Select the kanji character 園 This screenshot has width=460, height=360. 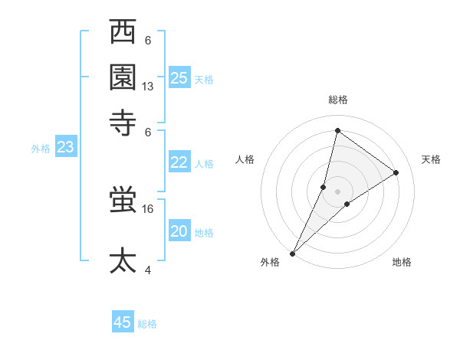click(x=123, y=77)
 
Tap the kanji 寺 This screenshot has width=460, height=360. click(x=123, y=121)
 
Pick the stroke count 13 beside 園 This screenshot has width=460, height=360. click(x=148, y=87)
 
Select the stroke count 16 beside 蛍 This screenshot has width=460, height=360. click(x=148, y=208)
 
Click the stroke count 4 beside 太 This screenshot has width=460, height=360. click(x=148, y=269)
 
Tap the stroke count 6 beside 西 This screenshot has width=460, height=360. click(x=148, y=41)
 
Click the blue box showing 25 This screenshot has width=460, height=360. click(x=179, y=77)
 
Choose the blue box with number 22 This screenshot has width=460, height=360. click(x=179, y=162)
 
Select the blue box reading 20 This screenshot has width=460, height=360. click(x=179, y=231)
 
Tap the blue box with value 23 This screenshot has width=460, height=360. click(x=65, y=147)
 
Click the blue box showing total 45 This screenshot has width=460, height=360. click(x=123, y=322)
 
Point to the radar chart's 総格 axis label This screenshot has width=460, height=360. click(x=337, y=100)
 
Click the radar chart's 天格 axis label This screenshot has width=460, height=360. click(x=431, y=159)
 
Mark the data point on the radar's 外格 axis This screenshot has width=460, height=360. click(x=292, y=253)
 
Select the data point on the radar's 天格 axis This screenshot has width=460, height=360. click(x=396, y=172)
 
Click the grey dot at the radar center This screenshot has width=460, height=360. click(x=337, y=191)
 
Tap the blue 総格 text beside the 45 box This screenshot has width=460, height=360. click(x=147, y=324)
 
